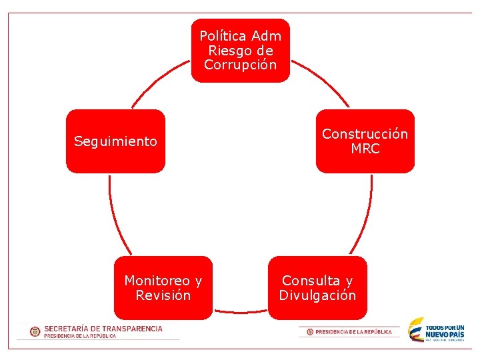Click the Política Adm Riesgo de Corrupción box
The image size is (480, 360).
click(241, 51)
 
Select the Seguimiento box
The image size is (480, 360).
click(115, 141)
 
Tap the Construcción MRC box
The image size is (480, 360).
click(365, 141)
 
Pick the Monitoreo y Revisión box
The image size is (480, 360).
click(163, 288)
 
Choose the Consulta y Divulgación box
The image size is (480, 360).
click(318, 288)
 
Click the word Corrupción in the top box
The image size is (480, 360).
click(241, 65)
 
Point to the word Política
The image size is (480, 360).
click(223, 36)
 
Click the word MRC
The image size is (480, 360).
click(365, 149)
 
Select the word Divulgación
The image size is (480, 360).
click(318, 295)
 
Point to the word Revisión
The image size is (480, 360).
click(163, 295)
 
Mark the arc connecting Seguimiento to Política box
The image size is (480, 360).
click(157, 80)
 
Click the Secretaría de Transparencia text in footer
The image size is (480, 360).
click(103, 329)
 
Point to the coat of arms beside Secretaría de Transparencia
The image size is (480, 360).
click(35, 331)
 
